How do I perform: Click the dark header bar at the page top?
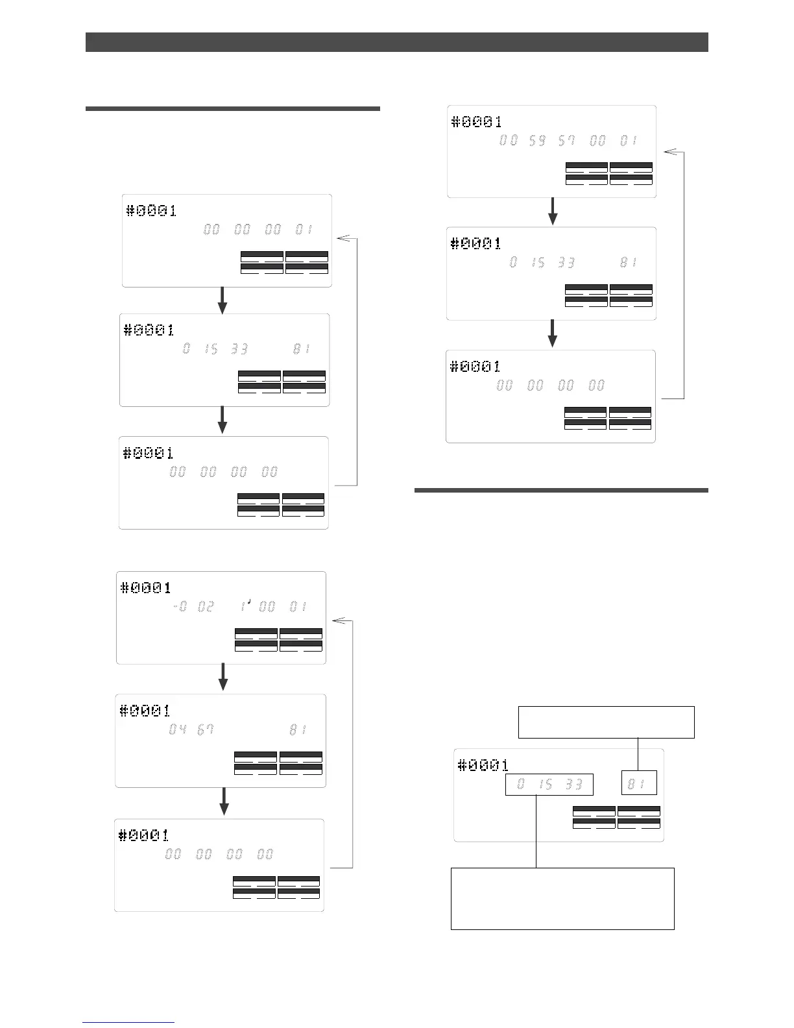396,42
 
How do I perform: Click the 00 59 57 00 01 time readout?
568,140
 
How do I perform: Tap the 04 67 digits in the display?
191,730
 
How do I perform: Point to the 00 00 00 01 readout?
258,230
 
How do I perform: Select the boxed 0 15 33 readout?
549,785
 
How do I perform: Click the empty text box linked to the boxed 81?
606,722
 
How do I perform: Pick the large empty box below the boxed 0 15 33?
562,898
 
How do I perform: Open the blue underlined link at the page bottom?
128,1022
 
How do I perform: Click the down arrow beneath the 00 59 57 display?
553,212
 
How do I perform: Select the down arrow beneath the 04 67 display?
224,802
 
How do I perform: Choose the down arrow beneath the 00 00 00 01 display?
223,300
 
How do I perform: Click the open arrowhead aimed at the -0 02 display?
341,621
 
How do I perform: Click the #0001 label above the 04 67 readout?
145,711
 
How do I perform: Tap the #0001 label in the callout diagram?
483,765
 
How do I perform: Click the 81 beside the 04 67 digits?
298,730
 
